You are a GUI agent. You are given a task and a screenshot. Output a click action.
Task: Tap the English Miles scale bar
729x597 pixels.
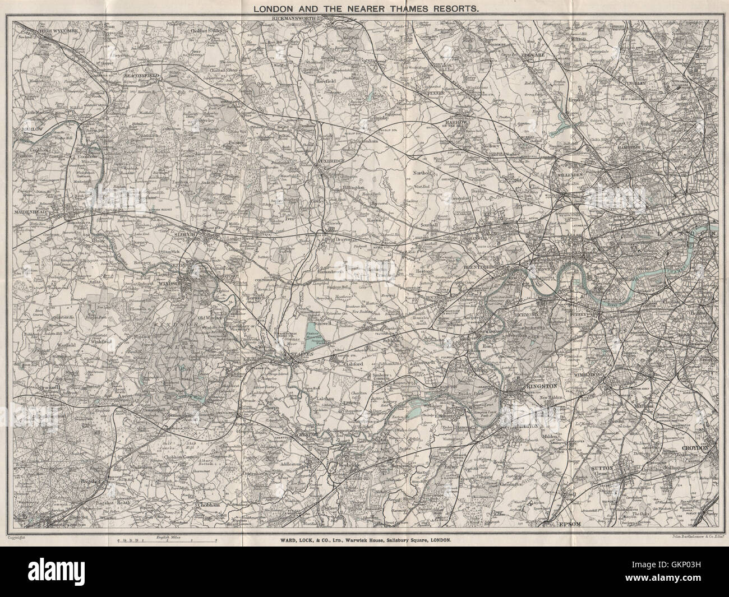pos(167,542)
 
